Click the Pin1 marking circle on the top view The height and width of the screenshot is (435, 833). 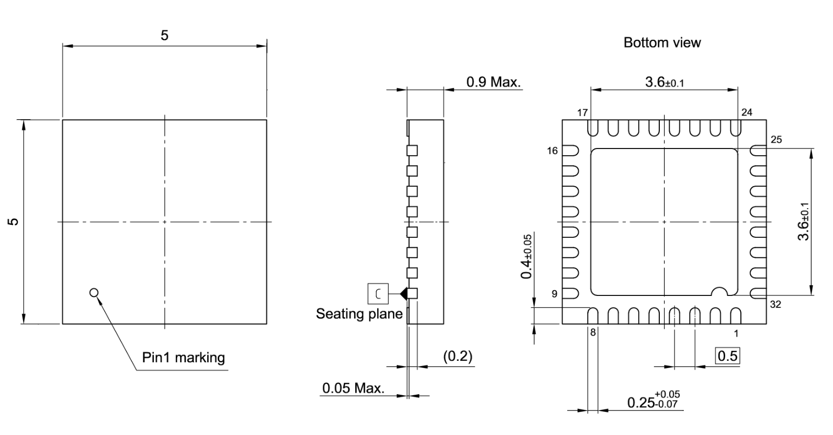pos(94,292)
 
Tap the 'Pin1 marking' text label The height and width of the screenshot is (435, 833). pos(183,358)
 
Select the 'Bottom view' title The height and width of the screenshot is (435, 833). pos(662,42)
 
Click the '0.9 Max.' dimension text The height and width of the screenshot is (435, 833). pos(493,82)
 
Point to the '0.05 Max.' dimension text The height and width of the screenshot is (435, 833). pos(353,388)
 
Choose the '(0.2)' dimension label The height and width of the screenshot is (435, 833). pos(457,356)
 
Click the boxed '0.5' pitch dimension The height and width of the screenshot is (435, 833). pos(727,356)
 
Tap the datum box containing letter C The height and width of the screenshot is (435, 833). pos(378,294)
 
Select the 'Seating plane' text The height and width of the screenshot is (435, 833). pos(359,314)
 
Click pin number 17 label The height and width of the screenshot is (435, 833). pos(582,112)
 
